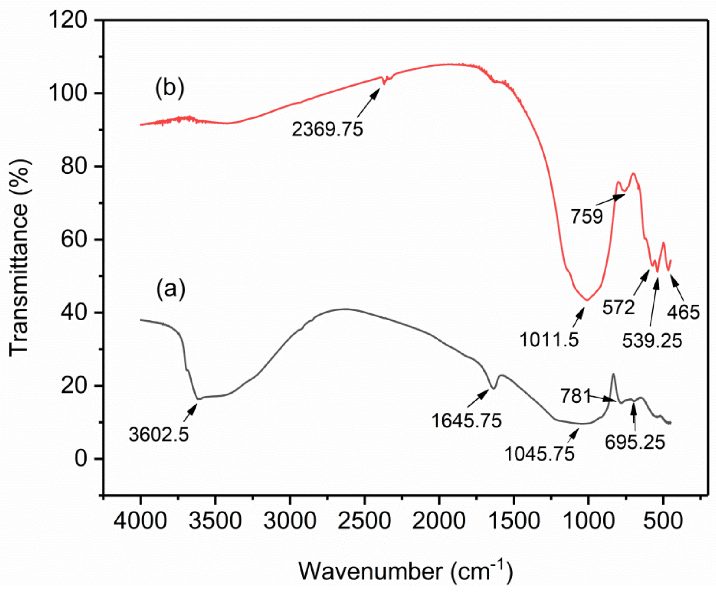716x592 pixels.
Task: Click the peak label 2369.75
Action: click(327, 129)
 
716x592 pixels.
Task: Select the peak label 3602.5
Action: click(159, 435)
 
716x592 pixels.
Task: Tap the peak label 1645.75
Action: click(466, 420)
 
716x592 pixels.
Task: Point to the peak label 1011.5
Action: click(549, 340)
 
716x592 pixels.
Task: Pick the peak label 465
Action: click(683, 312)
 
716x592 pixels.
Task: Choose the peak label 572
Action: click(618, 307)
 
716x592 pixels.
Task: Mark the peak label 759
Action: click(587, 216)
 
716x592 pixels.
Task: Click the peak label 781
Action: click(576, 396)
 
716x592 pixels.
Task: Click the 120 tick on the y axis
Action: click(68, 20)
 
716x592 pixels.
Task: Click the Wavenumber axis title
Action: click(405, 571)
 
